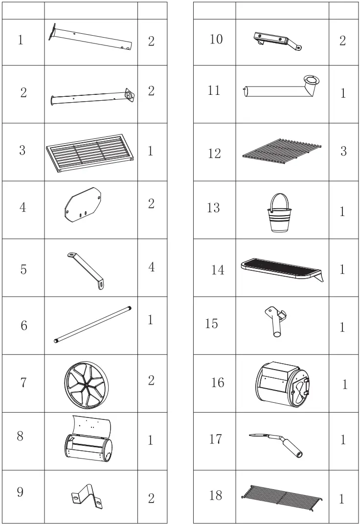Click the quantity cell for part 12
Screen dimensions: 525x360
[343, 152]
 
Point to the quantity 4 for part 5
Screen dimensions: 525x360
[151, 267]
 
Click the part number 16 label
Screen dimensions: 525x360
[218, 382]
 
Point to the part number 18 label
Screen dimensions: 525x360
[215, 496]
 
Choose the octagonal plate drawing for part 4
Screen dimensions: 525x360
[83, 206]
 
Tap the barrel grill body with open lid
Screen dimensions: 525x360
[89, 440]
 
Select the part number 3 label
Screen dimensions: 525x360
[22, 151]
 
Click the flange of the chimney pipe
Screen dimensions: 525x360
[312, 80]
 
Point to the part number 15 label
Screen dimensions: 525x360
[212, 324]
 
